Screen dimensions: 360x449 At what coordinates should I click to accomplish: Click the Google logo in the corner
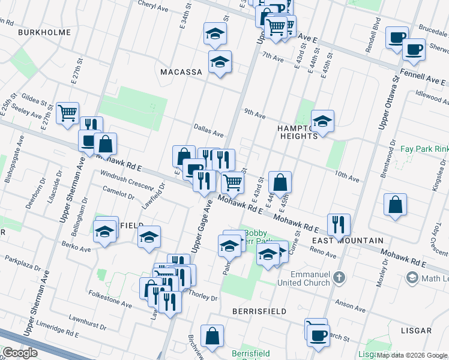tap(20, 352)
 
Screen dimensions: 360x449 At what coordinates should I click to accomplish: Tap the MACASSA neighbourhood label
tap(181, 72)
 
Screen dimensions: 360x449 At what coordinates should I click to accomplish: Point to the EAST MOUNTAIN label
tap(348, 241)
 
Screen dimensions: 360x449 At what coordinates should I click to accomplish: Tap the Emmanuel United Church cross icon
tap(340, 277)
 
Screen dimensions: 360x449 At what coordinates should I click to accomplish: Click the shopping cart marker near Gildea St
tap(67, 112)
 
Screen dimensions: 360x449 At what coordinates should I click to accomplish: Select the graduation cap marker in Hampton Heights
tap(322, 122)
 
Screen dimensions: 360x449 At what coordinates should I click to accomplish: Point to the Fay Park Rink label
tap(423, 149)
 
